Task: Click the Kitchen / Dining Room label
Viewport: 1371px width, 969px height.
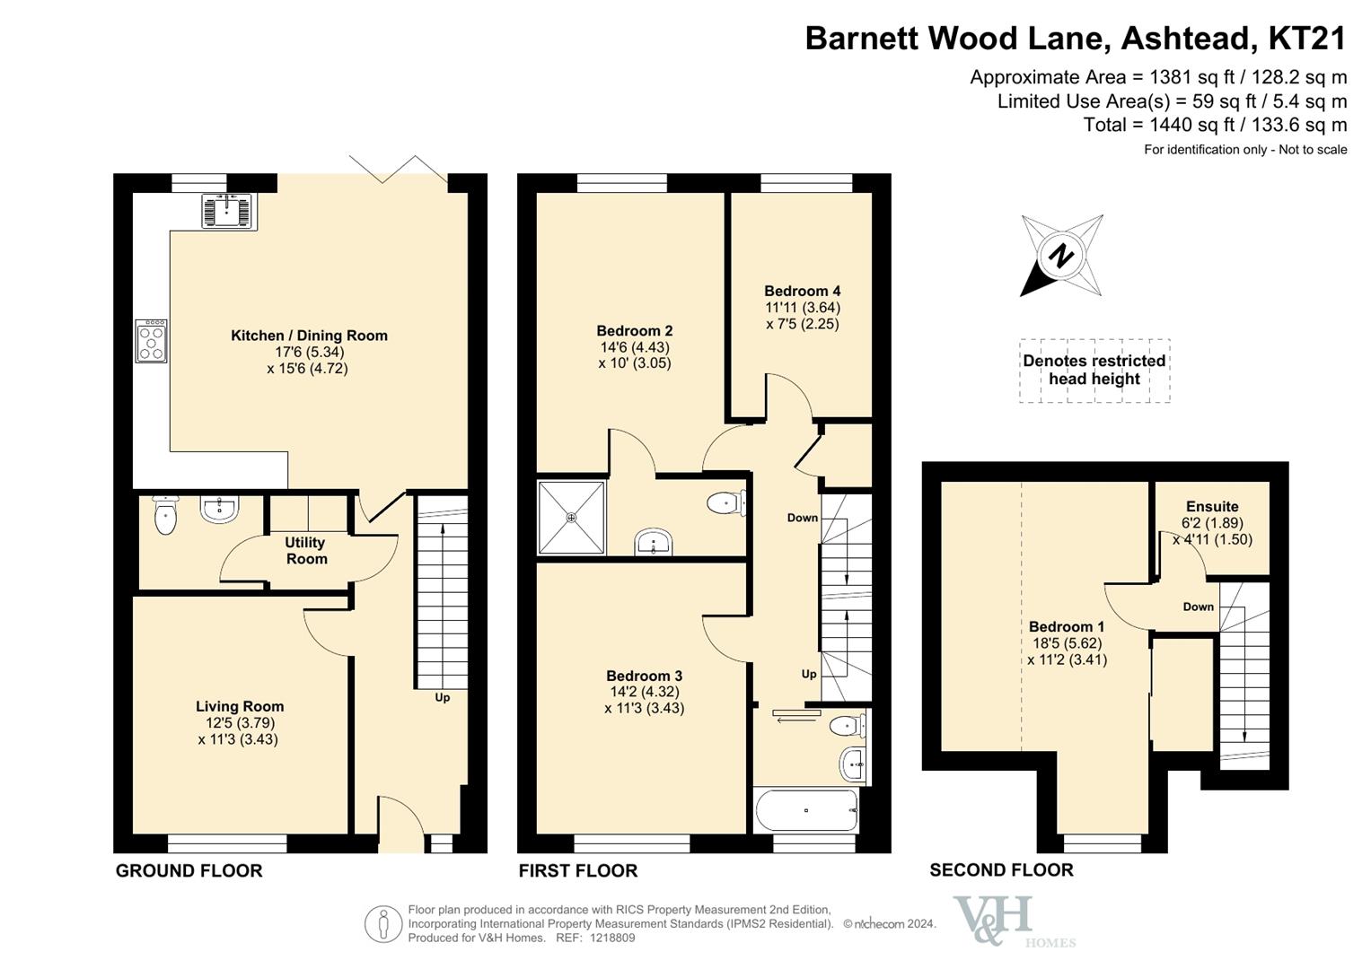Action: [309, 336]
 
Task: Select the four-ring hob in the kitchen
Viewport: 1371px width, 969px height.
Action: [151, 341]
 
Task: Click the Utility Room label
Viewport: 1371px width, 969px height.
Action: [306, 551]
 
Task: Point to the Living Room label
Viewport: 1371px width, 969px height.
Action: [240, 706]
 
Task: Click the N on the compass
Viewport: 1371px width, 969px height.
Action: [1061, 255]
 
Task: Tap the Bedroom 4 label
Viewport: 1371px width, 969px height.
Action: [803, 291]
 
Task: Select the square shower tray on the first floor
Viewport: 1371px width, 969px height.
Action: [571, 519]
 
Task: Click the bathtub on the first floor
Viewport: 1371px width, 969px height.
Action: [806, 810]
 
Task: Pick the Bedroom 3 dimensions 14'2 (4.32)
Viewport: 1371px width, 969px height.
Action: [645, 692]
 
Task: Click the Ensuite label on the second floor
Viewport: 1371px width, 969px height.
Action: [1212, 507]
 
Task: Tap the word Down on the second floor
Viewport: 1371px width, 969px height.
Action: [1198, 607]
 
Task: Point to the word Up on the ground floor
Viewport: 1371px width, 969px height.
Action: [442, 697]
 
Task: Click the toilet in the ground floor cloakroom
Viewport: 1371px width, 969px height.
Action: [165, 515]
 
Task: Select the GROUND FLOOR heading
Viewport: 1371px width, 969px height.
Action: [189, 870]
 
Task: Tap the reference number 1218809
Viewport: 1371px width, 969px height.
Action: [612, 938]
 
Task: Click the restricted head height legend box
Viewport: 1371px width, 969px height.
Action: [1094, 371]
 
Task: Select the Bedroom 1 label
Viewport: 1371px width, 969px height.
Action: [1067, 626]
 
